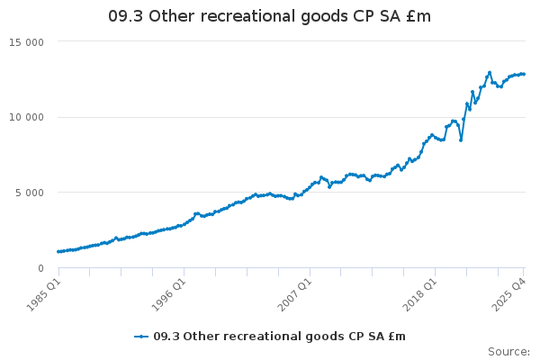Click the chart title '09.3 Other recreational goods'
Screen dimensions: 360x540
269,15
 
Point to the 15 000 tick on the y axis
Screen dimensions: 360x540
31,41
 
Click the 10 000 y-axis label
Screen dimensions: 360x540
31,117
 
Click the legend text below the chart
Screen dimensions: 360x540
279,336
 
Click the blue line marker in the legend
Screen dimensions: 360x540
141,336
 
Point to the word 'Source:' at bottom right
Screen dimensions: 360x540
508,351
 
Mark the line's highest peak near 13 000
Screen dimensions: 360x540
490,72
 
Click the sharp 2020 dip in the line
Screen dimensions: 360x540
461,139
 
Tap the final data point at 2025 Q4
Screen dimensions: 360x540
524,74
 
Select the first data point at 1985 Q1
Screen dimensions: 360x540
58,251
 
